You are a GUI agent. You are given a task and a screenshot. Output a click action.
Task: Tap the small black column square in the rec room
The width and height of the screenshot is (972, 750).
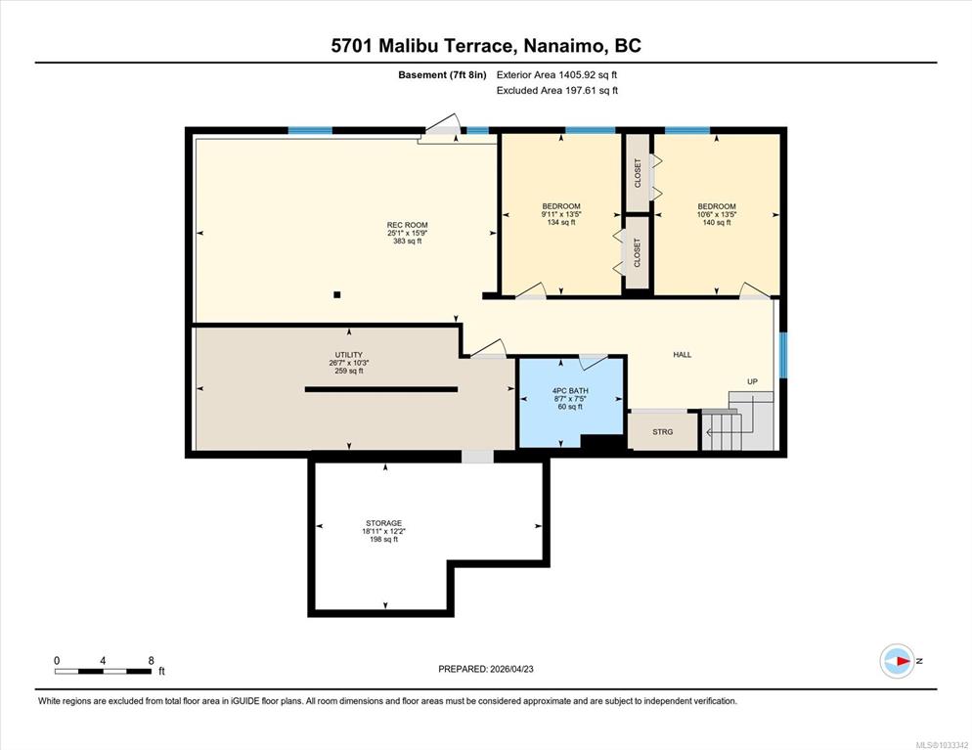[x=336, y=295]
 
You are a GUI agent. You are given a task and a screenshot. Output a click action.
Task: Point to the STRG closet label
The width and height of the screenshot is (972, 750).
[x=663, y=432]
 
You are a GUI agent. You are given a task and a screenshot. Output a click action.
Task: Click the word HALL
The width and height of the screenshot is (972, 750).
[x=682, y=355]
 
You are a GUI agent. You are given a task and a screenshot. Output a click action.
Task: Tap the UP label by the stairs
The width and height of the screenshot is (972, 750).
[x=752, y=381]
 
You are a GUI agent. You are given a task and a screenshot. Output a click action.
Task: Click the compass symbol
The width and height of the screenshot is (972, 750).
[x=897, y=661]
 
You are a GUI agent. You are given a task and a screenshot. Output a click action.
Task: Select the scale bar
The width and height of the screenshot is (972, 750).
[x=103, y=671]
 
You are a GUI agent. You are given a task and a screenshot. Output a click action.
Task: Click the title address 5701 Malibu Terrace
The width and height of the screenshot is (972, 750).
[x=422, y=46]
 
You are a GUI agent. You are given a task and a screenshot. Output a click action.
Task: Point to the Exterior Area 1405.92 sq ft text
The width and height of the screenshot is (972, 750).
[x=556, y=75]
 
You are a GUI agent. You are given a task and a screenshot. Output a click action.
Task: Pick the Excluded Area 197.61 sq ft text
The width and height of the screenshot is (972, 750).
[x=557, y=91]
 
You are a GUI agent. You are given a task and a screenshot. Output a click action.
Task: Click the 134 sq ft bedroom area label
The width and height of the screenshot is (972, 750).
[x=561, y=223]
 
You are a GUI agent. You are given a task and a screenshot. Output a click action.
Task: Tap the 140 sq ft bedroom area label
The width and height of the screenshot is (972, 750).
[x=717, y=223]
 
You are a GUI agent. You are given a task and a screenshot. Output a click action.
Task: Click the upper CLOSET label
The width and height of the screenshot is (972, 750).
[x=638, y=173]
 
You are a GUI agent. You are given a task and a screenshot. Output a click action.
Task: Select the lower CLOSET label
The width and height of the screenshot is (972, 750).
[x=638, y=253]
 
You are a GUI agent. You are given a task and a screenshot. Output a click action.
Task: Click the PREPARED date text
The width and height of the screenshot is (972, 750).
[x=486, y=670]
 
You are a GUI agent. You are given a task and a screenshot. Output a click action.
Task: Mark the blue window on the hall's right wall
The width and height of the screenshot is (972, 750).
[x=783, y=355]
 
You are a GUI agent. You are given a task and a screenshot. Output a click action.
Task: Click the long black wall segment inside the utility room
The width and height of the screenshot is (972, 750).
[x=381, y=389]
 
